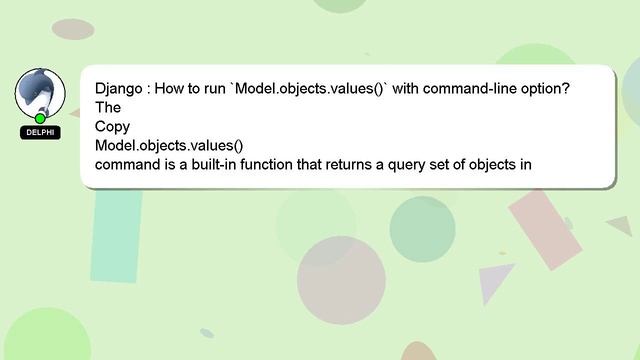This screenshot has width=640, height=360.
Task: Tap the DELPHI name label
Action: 40,132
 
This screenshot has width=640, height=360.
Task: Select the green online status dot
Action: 40,119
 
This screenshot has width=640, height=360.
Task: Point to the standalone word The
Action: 108,108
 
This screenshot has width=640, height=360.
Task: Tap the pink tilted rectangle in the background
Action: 545,229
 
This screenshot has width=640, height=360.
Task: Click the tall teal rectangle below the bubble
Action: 118,235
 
